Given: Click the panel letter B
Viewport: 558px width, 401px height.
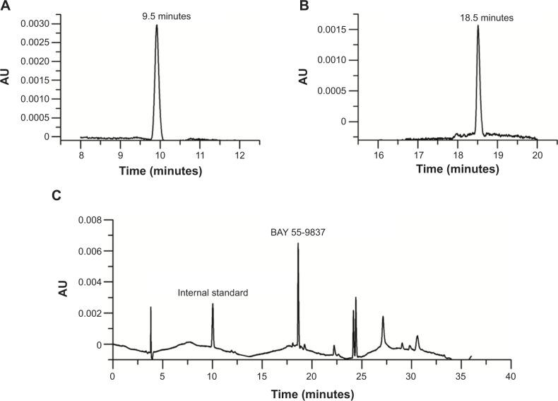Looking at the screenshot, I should [304, 7].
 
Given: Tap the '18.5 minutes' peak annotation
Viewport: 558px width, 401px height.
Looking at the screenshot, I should [478, 13].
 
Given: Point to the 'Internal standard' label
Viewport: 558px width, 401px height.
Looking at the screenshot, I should [213, 292].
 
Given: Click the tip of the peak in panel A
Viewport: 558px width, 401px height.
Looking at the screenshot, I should [156, 25].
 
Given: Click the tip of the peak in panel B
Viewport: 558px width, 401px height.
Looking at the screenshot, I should [478, 26].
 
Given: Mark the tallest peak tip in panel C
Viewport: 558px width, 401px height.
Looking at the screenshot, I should [298, 243].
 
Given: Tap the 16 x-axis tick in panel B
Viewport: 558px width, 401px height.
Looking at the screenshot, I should [379, 154].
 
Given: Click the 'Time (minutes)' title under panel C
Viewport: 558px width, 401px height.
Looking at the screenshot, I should [311, 390].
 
